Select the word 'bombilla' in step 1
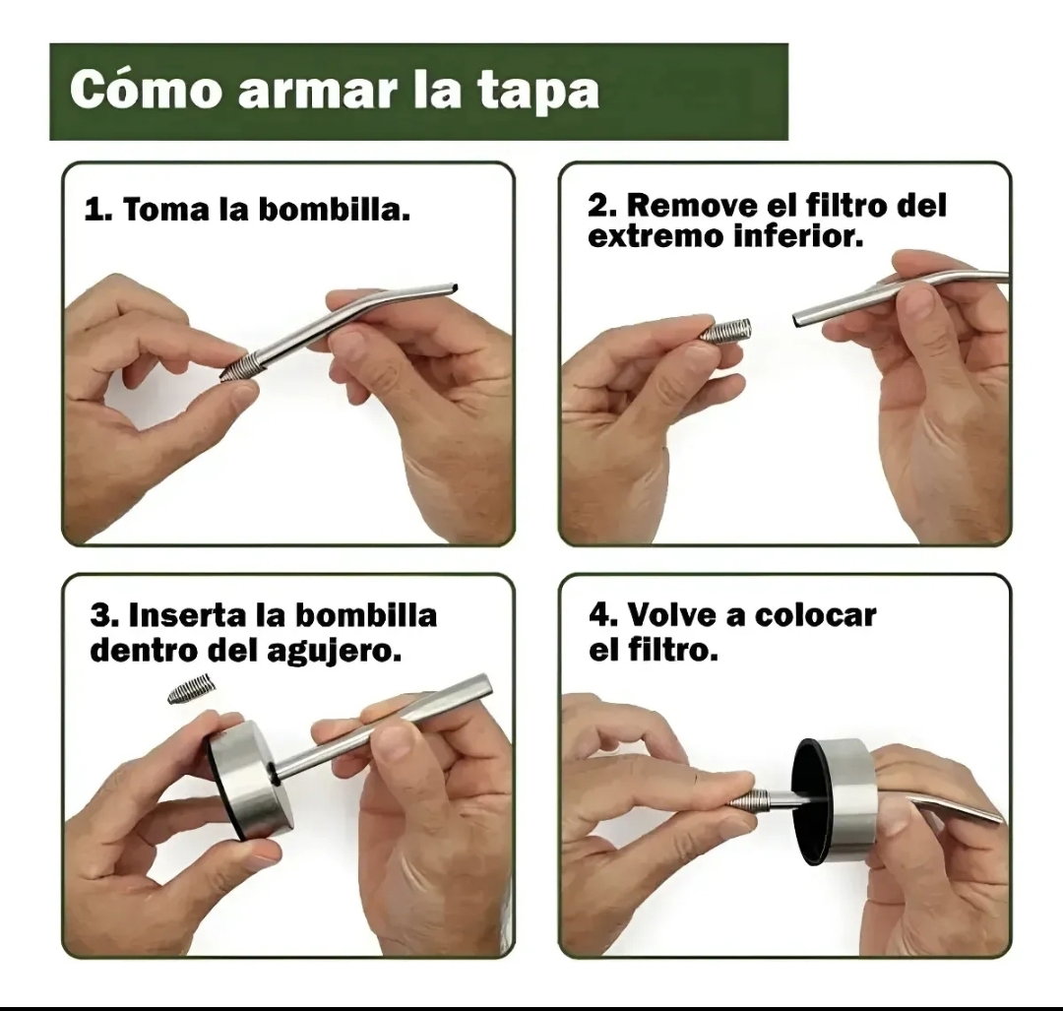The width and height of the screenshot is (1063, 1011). (x=335, y=209)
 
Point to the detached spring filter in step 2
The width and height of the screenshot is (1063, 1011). (x=725, y=330)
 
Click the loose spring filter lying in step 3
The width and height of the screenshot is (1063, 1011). (x=192, y=689)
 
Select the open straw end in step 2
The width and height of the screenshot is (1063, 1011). (x=800, y=319)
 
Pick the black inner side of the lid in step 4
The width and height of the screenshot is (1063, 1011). (x=811, y=803)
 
